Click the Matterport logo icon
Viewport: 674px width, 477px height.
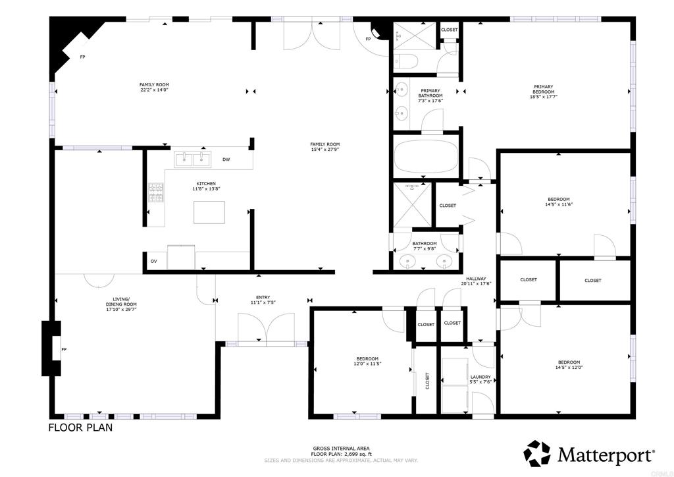tap(536, 453)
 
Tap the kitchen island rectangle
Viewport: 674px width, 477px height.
tap(209, 212)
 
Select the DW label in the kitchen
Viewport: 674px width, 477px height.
tap(226, 159)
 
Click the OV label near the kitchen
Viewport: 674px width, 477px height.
tap(153, 262)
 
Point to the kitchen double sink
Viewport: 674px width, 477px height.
tap(192, 159)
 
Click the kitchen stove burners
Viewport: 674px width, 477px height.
tap(155, 194)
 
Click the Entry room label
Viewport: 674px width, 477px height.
tap(263, 297)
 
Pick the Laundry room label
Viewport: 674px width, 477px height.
tap(480, 378)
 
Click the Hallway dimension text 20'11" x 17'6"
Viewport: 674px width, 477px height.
tap(477, 283)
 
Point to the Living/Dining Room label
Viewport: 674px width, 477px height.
tap(121, 301)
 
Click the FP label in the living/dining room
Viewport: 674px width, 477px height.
tap(64, 349)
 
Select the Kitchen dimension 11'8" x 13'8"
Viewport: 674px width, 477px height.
tap(206, 189)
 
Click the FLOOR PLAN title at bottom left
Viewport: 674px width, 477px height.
tap(80, 428)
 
